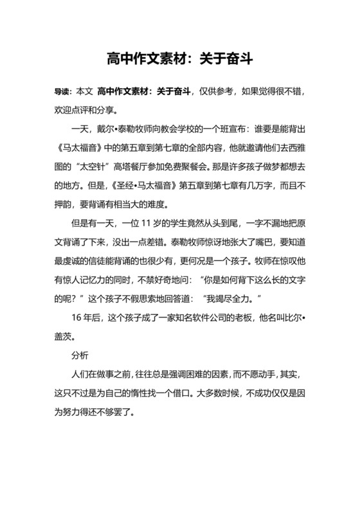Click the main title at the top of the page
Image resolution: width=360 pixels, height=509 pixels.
[x=179, y=60]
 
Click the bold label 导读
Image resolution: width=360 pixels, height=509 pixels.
[x=63, y=93]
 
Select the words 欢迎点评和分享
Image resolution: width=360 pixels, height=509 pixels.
[x=85, y=109]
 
